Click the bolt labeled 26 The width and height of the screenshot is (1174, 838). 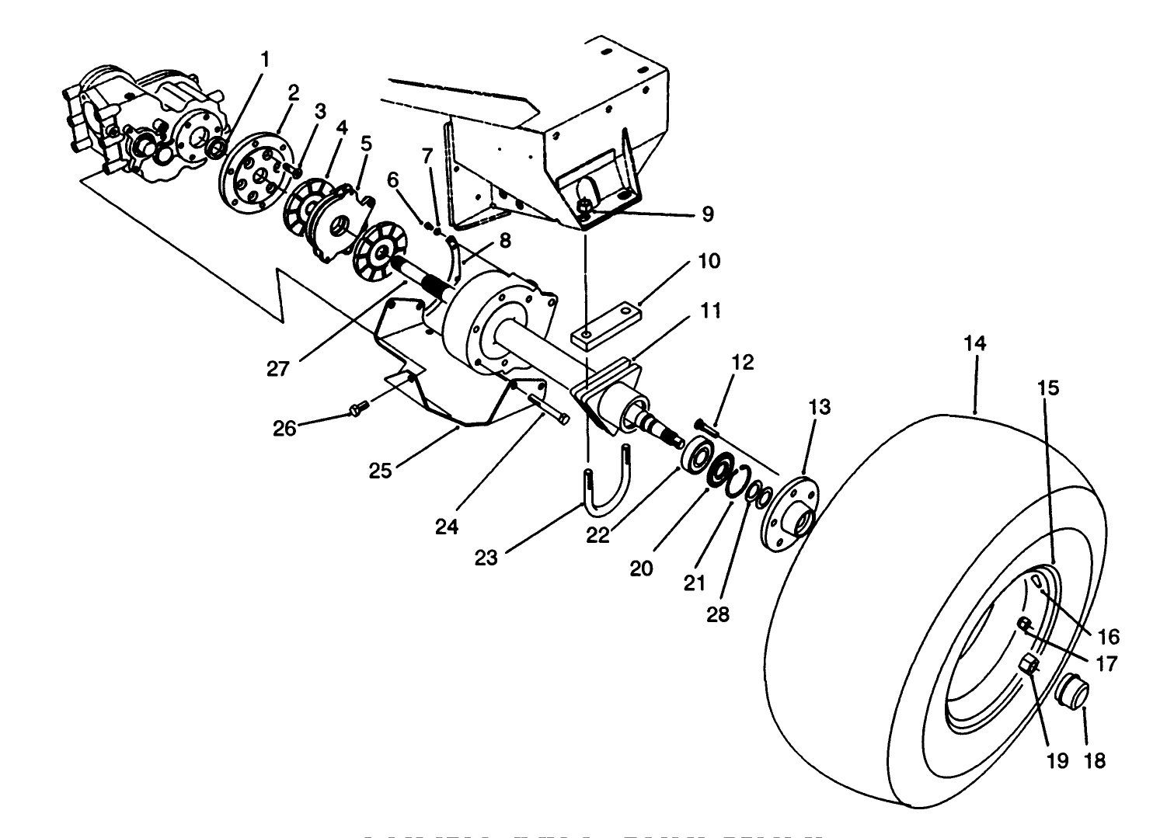pos(358,409)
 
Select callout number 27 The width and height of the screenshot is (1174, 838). pos(277,367)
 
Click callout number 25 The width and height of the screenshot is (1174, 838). pos(380,471)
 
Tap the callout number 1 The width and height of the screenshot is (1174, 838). pos(266,59)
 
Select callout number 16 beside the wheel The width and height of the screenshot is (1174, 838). pos(1108,637)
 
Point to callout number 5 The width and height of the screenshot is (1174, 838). pos(366,144)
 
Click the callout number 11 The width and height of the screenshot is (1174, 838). pos(710,311)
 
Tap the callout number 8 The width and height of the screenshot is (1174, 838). pos(505,241)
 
